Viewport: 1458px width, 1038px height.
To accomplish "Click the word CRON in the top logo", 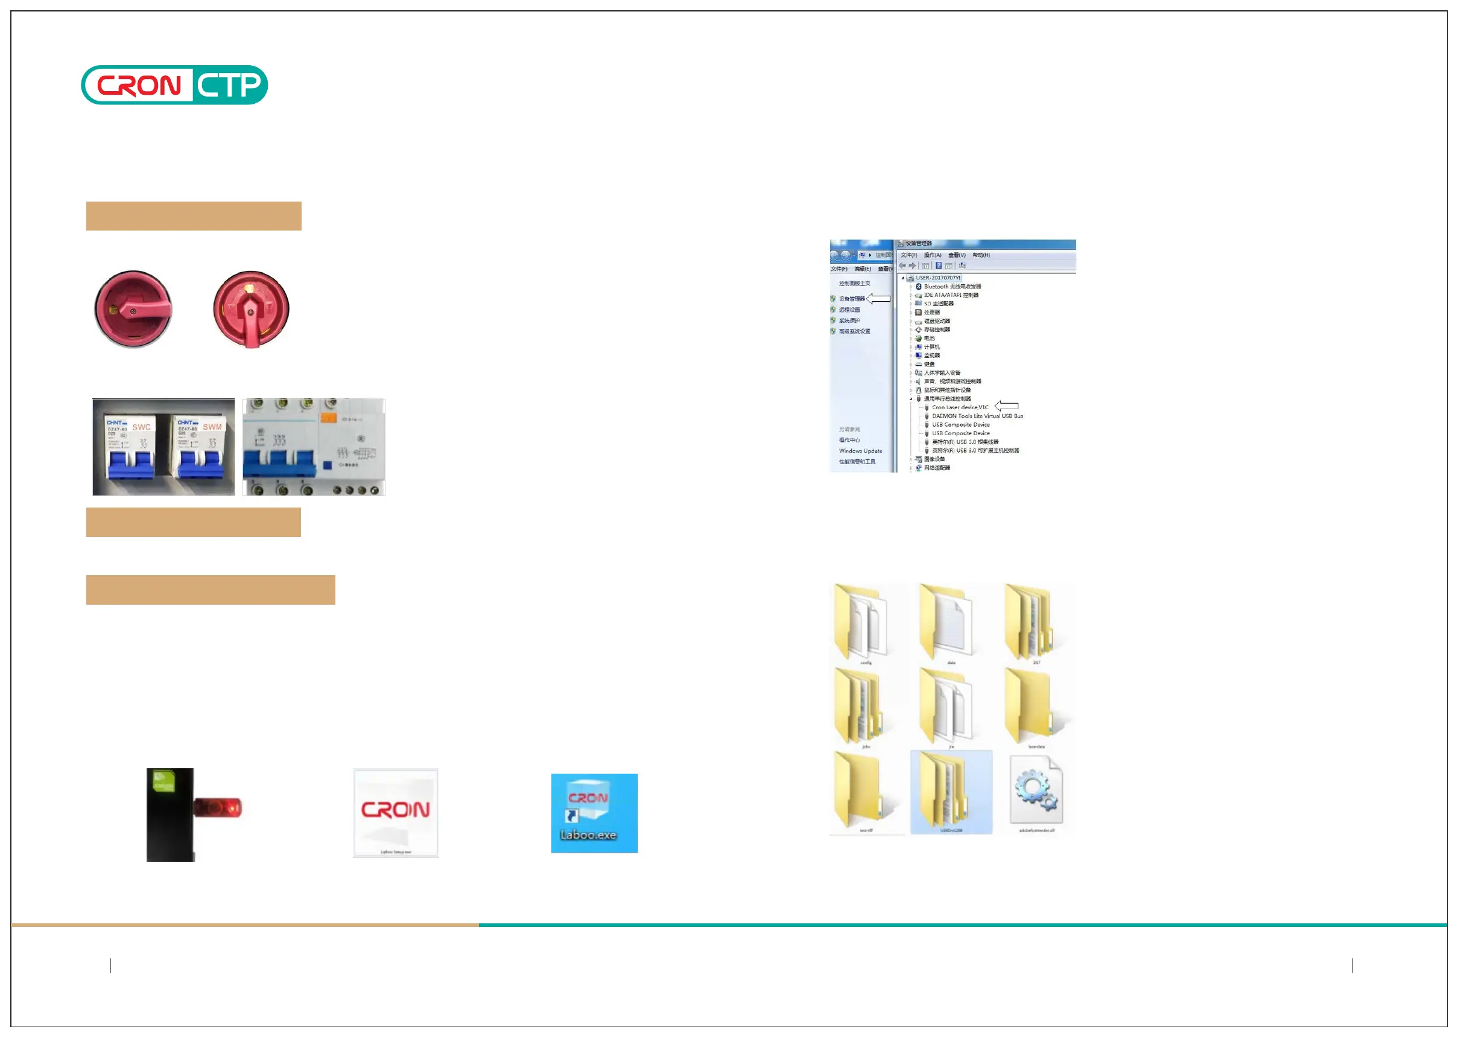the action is pos(139,85).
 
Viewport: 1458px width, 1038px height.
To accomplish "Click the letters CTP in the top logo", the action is pos(228,85).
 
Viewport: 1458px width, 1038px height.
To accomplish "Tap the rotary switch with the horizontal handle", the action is pos(133,310).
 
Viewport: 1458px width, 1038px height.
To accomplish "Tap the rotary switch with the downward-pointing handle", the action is pos(250,310).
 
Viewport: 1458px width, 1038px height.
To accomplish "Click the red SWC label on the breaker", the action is pos(141,427).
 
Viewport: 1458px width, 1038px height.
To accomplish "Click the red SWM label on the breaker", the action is pos(212,427).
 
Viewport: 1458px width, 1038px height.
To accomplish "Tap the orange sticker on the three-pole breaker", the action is pos(328,418).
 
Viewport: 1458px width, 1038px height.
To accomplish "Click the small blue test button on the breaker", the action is pos(327,465).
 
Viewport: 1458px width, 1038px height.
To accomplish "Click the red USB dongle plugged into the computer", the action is pos(218,808).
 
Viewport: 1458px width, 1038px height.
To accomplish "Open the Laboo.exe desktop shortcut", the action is pos(594,813).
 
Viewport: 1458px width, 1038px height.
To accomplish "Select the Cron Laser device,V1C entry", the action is pos(960,407).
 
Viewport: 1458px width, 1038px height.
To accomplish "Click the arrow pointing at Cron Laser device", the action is pos(1006,406).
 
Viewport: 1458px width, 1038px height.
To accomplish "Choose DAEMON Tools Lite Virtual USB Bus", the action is pos(977,416).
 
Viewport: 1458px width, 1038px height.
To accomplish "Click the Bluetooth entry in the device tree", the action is pos(952,286).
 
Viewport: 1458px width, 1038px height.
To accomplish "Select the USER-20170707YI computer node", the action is pos(937,278).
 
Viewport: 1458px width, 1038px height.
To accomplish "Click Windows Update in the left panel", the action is pos(860,451).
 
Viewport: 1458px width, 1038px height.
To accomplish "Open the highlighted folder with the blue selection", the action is pos(951,791).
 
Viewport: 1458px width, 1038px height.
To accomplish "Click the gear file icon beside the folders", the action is pos(1036,791).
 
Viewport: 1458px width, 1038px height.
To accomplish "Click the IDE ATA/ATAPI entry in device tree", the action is pos(951,295).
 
